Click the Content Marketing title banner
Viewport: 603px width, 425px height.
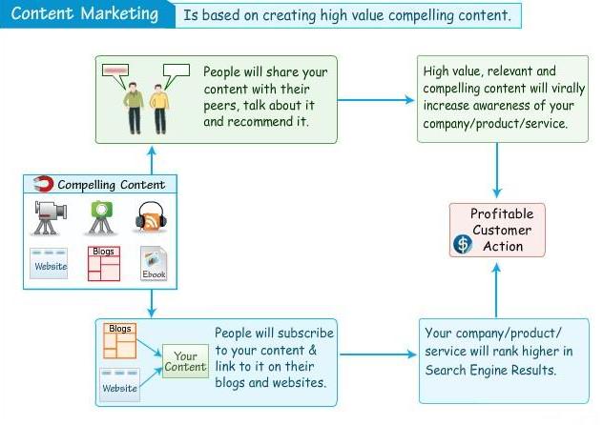pyautogui.click(x=86, y=15)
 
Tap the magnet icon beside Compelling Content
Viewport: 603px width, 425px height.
pyautogui.click(x=43, y=185)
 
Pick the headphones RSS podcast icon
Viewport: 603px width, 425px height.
pyautogui.click(x=151, y=220)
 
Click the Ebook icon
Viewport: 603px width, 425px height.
pyautogui.click(x=153, y=263)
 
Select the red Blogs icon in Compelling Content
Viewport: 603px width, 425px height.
pyautogui.click(x=103, y=264)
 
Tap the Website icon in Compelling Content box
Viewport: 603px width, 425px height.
pyautogui.click(x=50, y=263)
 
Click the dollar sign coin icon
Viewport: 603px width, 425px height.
pyautogui.click(x=463, y=243)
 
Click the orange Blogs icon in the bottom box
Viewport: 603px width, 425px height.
pyautogui.click(x=121, y=340)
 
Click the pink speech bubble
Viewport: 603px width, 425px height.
pyautogui.click(x=115, y=71)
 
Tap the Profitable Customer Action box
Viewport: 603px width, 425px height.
pyautogui.click(x=497, y=230)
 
